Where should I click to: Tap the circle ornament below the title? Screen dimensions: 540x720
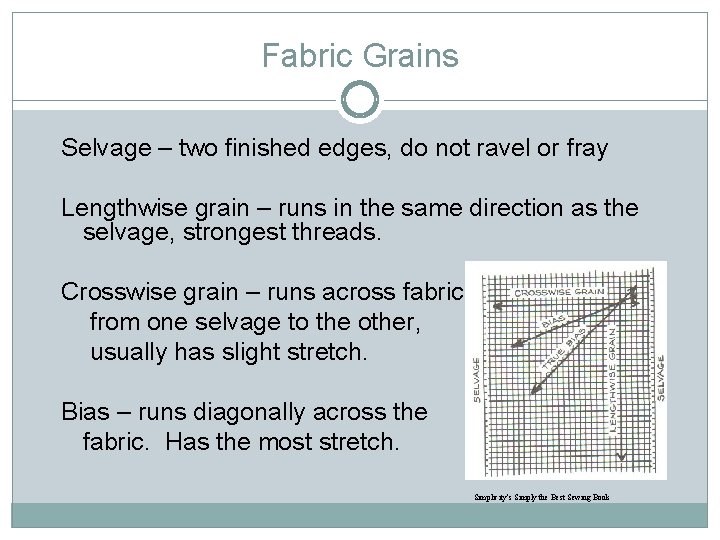tap(360, 100)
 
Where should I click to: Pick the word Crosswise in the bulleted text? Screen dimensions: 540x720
tap(128, 292)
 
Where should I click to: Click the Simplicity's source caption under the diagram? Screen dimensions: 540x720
tap(540, 497)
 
